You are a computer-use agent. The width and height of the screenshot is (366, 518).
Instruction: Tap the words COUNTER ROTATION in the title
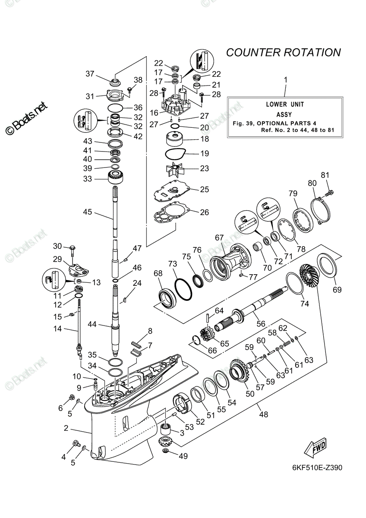(x=283, y=53)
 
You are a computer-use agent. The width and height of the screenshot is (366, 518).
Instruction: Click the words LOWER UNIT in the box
(x=285, y=104)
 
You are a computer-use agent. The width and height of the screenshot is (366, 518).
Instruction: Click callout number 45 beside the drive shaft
(x=88, y=212)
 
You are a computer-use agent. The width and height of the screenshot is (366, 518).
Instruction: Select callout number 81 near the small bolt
(x=325, y=175)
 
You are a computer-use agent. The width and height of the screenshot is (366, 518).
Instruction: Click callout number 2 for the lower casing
(x=66, y=428)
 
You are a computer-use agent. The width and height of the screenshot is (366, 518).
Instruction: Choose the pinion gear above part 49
(x=166, y=442)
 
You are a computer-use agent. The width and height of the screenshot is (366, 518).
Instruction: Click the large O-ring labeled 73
(x=183, y=290)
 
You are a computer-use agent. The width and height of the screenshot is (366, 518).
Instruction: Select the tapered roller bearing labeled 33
(x=116, y=177)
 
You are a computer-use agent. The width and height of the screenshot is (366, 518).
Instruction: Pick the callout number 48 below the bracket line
(x=263, y=414)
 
